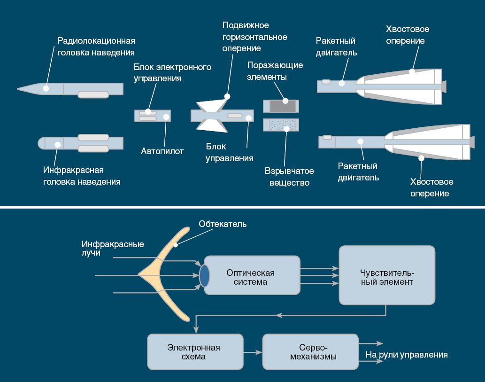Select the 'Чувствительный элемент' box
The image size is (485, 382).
click(x=387, y=275)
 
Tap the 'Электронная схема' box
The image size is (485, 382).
click(x=195, y=351)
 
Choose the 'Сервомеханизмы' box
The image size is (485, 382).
click(x=310, y=351)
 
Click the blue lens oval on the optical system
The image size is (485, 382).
click(x=204, y=275)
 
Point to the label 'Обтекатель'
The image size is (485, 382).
click(x=222, y=224)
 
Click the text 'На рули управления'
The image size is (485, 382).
click(x=407, y=355)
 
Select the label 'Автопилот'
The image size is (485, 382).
click(x=162, y=151)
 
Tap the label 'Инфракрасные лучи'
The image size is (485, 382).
click(x=112, y=249)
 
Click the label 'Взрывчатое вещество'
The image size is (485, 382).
click(x=289, y=177)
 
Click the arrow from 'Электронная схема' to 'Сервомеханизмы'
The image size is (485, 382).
click(x=254, y=351)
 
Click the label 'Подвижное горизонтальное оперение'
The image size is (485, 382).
click(x=254, y=37)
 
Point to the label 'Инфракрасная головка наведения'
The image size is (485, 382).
click(x=82, y=175)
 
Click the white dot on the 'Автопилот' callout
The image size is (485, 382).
click(x=166, y=116)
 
